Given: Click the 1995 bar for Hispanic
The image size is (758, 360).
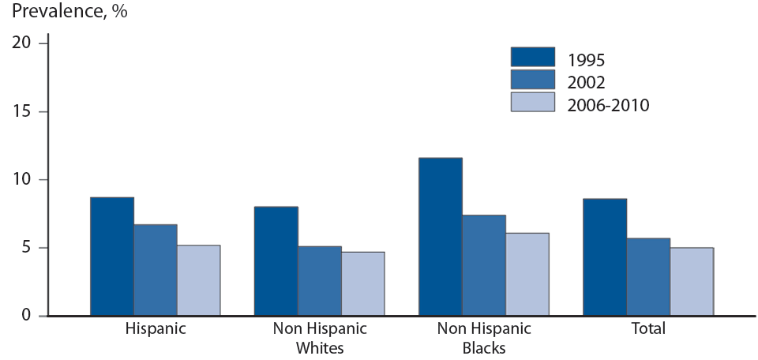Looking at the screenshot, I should (112, 257).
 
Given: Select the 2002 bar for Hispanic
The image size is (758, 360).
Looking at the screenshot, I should (156, 270).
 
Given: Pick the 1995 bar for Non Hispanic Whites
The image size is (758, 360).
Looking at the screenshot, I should (276, 261).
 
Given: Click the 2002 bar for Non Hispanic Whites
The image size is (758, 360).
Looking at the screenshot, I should (320, 281).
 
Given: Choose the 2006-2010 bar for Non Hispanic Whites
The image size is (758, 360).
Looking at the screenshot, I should (363, 283).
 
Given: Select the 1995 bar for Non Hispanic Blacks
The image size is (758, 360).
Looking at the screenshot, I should (441, 237).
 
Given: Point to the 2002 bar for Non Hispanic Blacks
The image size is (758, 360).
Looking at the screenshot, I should (484, 265).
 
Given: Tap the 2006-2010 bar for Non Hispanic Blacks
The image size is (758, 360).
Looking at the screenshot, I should (527, 274).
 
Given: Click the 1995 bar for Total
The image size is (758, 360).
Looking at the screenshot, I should (605, 257).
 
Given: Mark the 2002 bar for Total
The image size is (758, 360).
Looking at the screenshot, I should (648, 277).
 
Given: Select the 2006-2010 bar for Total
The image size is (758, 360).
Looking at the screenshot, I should (692, 282).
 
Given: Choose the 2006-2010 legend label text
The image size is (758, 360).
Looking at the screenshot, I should (607, 104).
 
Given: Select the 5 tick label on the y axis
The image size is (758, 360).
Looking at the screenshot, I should (26, 248).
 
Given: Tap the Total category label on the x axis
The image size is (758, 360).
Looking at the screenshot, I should (648, 329).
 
